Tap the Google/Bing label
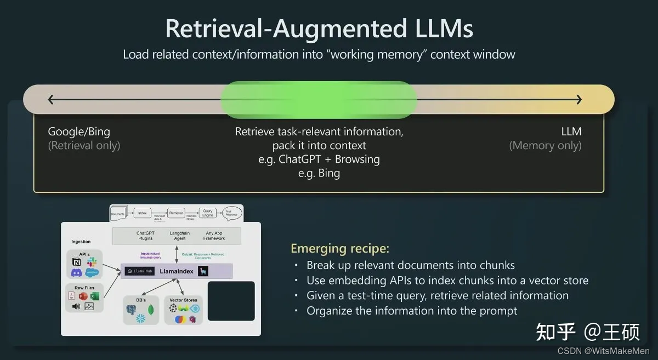coord(79,132)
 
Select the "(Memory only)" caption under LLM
coord(545,145)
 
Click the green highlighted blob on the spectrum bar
coord(319,99)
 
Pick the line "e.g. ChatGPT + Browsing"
coord(319,159)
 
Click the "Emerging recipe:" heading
coord(340,248)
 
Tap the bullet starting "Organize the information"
coord(412,311)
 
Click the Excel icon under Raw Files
coord(94,296)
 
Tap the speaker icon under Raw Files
coord(76,306)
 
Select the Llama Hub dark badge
coord(140,271)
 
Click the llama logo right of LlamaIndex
coord(203,271)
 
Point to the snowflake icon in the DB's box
coord(140,318)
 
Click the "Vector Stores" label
coord(183,300)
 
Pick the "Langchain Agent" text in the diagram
coord(179,236)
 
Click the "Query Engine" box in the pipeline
coord(208,215)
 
